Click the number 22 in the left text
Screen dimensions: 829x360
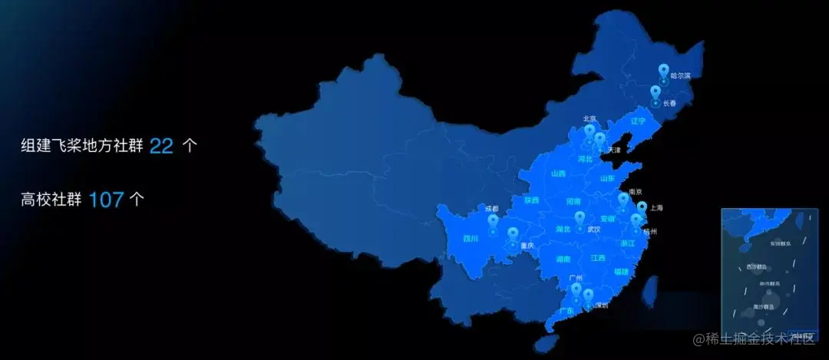pos(161,146)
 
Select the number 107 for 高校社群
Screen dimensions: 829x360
pos(106,200)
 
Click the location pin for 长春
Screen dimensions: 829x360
pos(655,93)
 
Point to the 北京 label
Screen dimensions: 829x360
pos(590,119)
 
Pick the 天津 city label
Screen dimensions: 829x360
pos(614,149)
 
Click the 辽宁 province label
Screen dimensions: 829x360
pos(639,121)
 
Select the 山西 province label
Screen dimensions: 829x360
pos(558,173)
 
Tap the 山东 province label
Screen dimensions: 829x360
pos(607,178)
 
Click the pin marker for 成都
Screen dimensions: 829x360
pos(493,222)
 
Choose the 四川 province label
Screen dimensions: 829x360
pos(471,238)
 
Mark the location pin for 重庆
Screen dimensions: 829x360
pos(512,235)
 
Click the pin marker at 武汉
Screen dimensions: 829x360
pos(579,218)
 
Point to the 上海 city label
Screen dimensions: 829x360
pos(656,208)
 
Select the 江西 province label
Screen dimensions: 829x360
pos(598,258)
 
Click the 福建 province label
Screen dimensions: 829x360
pos(621,271)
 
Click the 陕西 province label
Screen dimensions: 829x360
pos(531,200)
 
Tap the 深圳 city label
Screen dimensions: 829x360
pos(601,306)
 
